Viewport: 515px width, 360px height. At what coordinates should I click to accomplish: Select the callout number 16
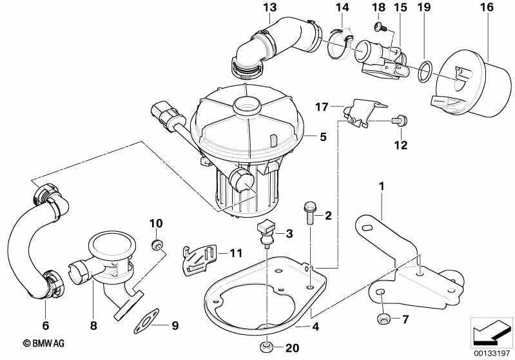(487, 8)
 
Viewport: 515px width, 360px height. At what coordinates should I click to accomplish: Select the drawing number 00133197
(492, 352)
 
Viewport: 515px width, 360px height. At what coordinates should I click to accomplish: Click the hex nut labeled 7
(382, 318)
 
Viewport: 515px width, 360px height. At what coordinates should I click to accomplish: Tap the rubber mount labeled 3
(266, 232)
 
